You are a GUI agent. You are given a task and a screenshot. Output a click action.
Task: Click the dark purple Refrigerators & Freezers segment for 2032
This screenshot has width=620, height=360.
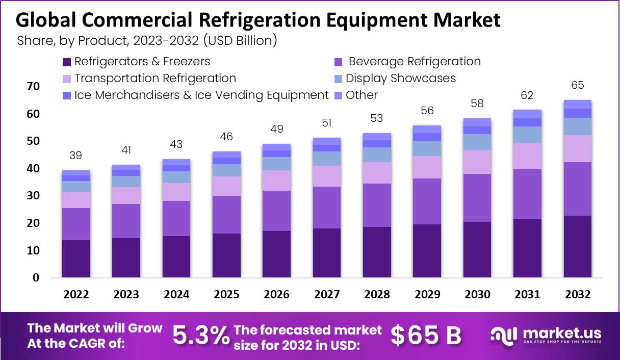(x=578, y=247)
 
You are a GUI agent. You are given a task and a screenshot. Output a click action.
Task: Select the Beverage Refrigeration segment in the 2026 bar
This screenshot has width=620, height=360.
(x=276, y=211)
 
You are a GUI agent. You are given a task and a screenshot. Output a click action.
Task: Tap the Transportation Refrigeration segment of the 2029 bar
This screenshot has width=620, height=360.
(x=427, y=167)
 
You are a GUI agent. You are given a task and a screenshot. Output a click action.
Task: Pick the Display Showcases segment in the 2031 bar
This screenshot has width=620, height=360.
(x=527, y=135)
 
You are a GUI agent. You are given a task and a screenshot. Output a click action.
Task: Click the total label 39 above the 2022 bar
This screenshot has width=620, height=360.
(x=76, y=156)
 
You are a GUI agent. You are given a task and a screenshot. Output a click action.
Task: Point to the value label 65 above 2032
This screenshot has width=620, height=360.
(x=578, y=85)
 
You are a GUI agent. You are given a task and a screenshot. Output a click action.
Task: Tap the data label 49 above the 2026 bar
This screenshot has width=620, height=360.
(x=276, y=129)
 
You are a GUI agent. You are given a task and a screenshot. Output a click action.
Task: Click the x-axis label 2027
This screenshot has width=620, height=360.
(x=326, y=295)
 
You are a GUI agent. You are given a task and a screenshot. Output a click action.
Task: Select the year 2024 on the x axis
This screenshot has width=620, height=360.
(x=176, y=295)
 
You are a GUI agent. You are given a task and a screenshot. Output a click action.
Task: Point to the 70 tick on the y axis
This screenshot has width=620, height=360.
(x=33, y=87)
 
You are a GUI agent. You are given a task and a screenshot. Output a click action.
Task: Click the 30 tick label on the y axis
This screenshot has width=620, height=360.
(x=33, y=196)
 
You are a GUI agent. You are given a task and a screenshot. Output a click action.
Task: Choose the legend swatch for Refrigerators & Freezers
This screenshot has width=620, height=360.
(x=66, y=62)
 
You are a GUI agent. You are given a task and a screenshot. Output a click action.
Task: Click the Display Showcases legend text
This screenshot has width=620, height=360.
(x=400, y=79)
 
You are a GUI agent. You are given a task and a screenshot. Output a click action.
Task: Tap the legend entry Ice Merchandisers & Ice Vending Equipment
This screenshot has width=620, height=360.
(x=201, y=95)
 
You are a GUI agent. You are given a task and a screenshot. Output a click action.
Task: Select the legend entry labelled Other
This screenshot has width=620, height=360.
(x=361, y=95)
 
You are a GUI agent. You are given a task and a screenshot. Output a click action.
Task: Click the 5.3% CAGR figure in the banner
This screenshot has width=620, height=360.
(x=201, y=336)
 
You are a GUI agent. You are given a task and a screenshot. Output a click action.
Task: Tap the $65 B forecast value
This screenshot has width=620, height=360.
(x=426, y=336)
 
